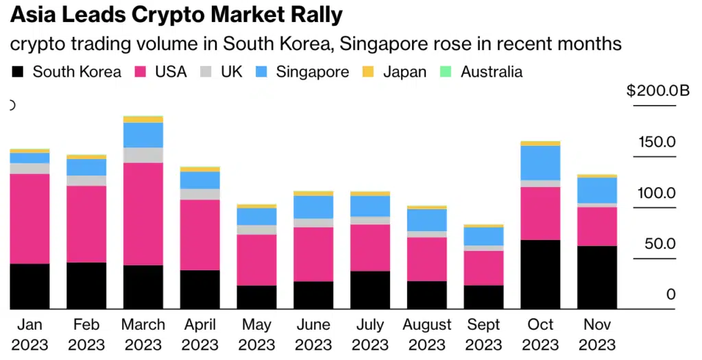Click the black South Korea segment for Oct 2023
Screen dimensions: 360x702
pyautogui.click(x=540, y=274)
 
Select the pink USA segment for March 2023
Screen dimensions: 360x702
pyautogui.click(x=143, y=214)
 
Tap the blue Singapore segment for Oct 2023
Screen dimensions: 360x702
pyautogui.click(x=540, y=163)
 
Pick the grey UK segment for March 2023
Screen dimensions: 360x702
pyautogui.click(x=143, y=155)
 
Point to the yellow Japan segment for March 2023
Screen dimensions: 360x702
pyautogui.click(x=143, y=119)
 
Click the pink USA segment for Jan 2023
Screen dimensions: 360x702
pyautogui.click(x=29, y=219)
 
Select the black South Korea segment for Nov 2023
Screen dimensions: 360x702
pyautogui.click(x=597, y=277)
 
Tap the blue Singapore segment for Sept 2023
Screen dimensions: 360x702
pyautogui.click(x=483, y=236)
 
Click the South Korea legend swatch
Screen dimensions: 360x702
pyautogui.click(x=19, y=72)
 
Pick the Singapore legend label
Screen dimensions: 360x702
pyautogui.click(x=313, y=72)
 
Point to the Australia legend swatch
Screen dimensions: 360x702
pyautogui.click(x=446, y=72)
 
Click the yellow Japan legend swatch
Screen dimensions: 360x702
pyautogui.click(x=368, y=72)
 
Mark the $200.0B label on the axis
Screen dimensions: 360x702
pyautogui.click(x=657, y=91)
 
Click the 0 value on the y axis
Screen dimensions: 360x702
pyautogui.click(x=670, y=295)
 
